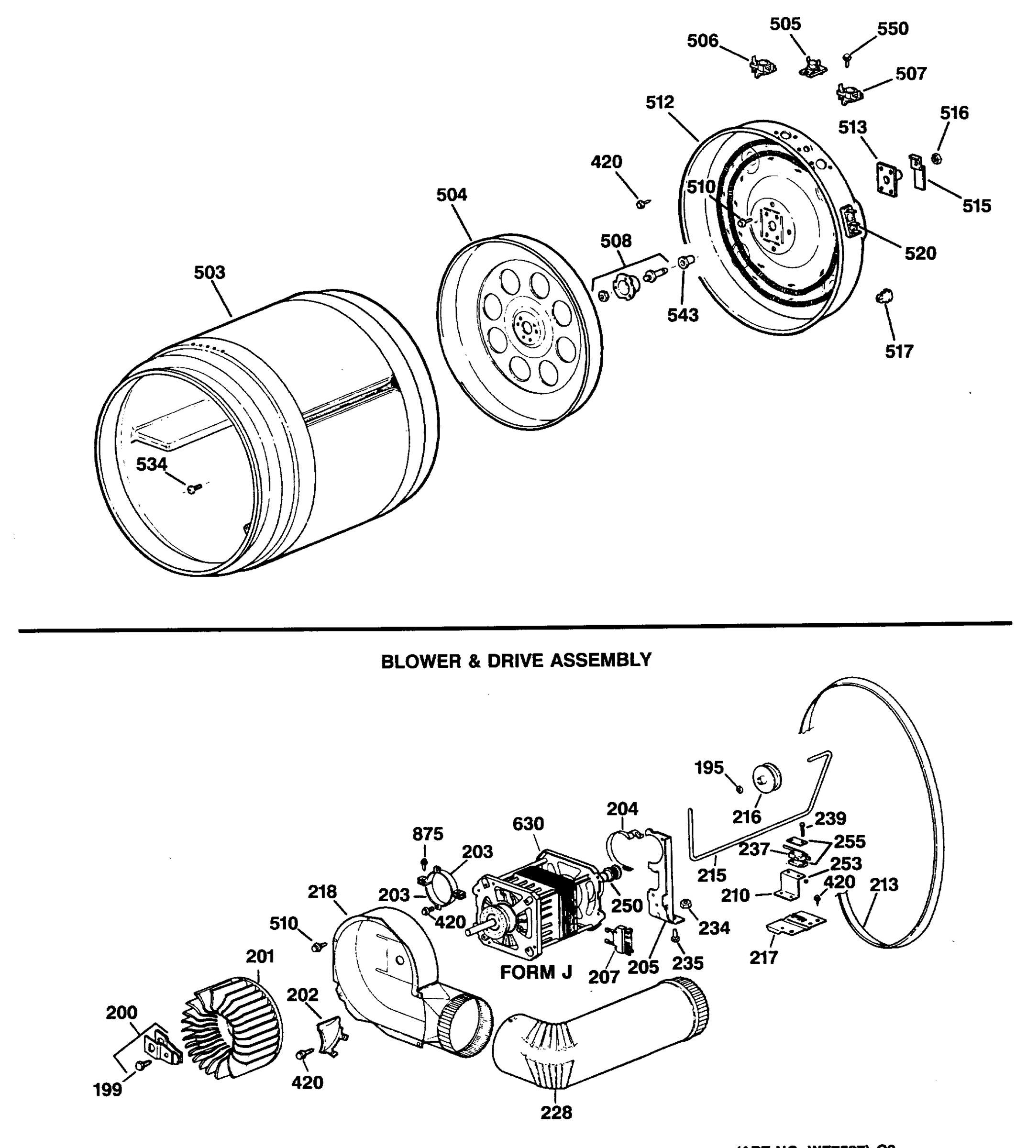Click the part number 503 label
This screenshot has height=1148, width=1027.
(210, 273)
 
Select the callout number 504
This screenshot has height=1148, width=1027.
(452, 195)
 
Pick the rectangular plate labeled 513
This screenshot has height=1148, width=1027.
(886, 179)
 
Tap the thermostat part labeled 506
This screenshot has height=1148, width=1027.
(762, 67)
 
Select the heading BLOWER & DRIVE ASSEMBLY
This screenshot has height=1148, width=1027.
(516, 661)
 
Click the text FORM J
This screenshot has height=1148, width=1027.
(536, 972)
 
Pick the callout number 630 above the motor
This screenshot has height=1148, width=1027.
(528, 824)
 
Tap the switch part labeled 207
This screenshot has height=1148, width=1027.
(619, 939)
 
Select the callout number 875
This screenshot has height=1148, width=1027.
(428, 833)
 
